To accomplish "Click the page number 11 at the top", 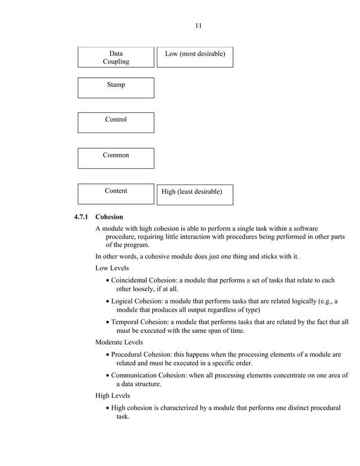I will [198, 25].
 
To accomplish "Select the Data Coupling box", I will [116, 58].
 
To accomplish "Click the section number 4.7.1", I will [82, 217].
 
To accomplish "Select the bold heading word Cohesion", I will [109, 217].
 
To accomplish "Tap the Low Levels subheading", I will [112, 268].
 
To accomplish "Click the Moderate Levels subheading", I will [119, 342].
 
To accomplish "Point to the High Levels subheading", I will [113, 395].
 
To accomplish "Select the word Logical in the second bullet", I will [124, 301].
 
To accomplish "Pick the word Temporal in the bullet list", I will [127, 322].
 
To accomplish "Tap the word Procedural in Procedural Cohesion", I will [129, 355].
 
